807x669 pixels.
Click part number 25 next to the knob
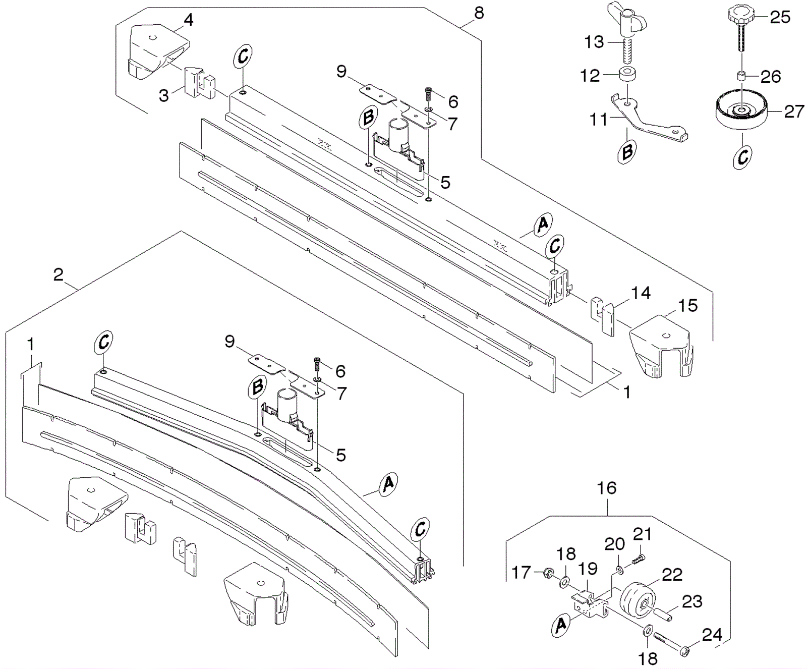pos(780,17)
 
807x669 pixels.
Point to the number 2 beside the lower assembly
pos(59,275)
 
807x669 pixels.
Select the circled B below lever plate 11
pos(626,150)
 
